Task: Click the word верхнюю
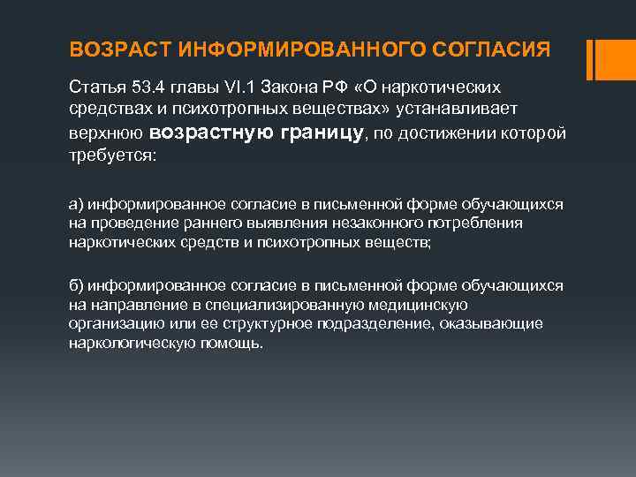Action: [105, 132]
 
